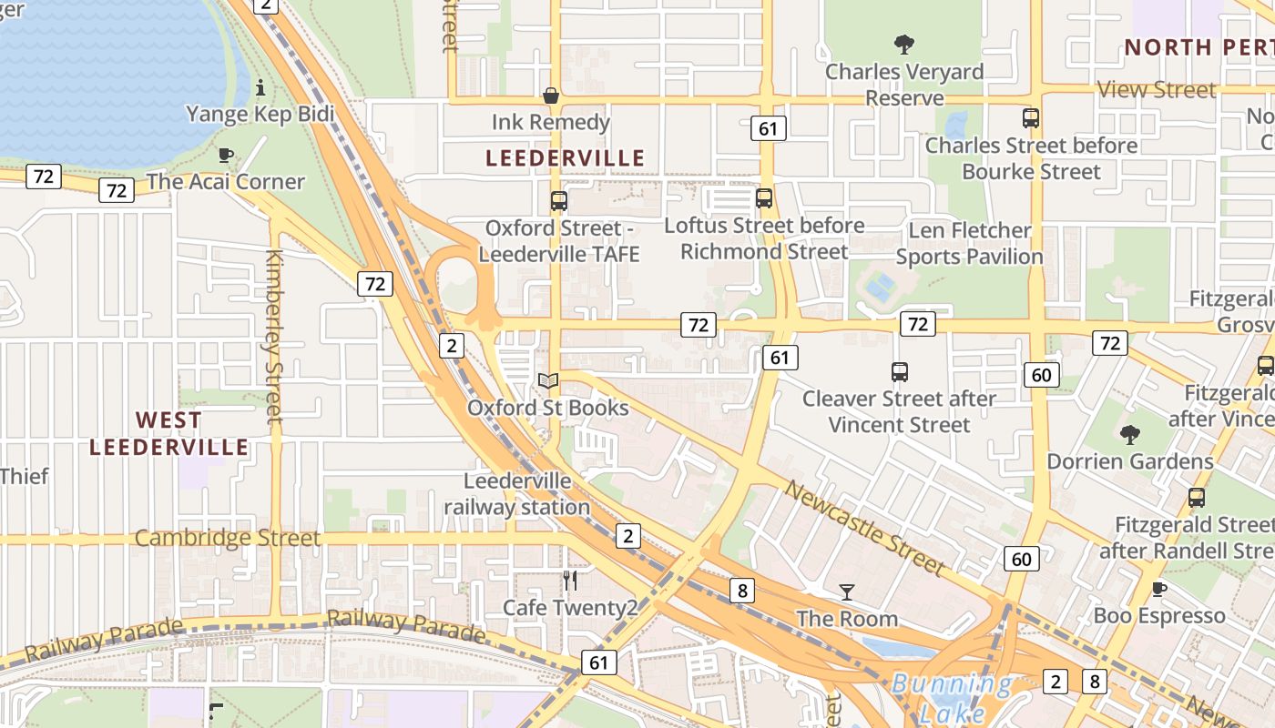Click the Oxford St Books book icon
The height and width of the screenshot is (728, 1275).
[548, 380]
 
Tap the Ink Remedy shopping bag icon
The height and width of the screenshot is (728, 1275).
[551, 96]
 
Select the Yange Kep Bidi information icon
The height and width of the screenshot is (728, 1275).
[261, 87]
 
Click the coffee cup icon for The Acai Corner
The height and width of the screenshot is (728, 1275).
[226, 155]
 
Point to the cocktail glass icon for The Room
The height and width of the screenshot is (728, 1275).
[847, 592]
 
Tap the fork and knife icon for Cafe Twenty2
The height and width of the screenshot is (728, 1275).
[571, 581]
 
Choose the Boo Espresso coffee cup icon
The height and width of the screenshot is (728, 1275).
[1159, 589]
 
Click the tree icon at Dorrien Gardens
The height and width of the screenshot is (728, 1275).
[1130, 434]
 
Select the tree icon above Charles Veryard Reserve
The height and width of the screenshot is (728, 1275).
[904, 44]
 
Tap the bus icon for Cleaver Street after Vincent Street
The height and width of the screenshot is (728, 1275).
[900, 371]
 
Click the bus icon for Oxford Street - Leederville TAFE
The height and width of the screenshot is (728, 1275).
[559, 200]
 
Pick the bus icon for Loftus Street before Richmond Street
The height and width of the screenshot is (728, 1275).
[764, 197]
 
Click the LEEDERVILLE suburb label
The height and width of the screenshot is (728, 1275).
[565, 158]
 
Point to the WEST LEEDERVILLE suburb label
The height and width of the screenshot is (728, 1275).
[169, 433]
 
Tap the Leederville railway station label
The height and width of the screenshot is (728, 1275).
[517, 494]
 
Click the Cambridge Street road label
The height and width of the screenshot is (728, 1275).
[228, 538]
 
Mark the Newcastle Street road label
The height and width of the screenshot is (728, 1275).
[864, 528]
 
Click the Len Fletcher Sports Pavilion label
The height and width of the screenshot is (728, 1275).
[970, 243]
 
